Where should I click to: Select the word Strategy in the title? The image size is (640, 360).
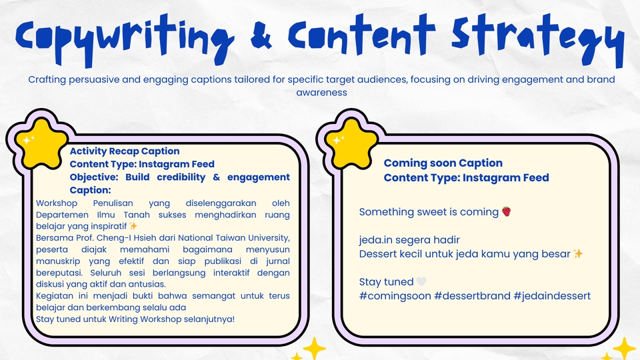[x=538, y=40]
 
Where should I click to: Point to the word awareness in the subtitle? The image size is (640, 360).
[x=321, y=92]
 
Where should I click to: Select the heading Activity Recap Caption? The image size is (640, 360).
[x=125, y=151]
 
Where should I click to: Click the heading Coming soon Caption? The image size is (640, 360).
[x=443, y=163]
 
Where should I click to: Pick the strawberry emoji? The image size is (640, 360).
[x=507, y=211]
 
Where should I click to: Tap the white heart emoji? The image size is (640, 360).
[x=421, y=281]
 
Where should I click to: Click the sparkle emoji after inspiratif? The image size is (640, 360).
[x=133, y=226]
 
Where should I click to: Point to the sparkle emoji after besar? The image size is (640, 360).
[x=578, y=254]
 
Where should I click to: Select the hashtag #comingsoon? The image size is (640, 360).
[x=395, y=296]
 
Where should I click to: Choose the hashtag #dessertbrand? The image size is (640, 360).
[x=472, y=296]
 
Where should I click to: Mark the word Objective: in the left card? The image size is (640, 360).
[x=94, y=177]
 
